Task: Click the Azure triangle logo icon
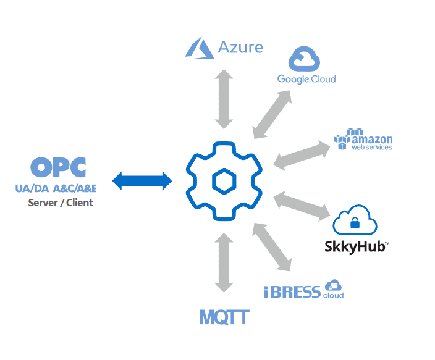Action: [x=200, y=48]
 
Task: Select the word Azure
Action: [x=240, y=48]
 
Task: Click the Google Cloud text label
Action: [x=306, y=79]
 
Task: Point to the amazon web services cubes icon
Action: [x=346, y=139]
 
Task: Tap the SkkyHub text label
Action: [x=357, y=247]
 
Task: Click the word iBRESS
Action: [x=292, y=292]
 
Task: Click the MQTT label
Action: [x=224, y=317]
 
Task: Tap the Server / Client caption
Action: [x=61, y=203]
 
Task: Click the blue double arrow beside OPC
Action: [x=143, y=181]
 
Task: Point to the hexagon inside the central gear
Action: [x=223, y=182]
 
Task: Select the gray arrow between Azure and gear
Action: [x=224, y=99]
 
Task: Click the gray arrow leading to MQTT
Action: [x=224, y=262]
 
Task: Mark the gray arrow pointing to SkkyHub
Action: [x=302, y=206]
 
